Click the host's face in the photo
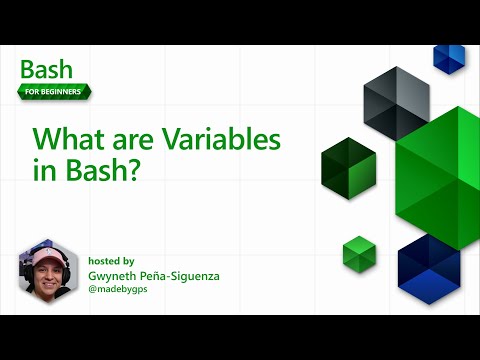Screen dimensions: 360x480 pyautogui.click(x=46, y=270)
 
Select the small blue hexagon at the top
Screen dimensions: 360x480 pyautogui.click(x=449, y=58)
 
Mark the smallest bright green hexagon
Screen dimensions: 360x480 pyautogui.click(x=357, y=252)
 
